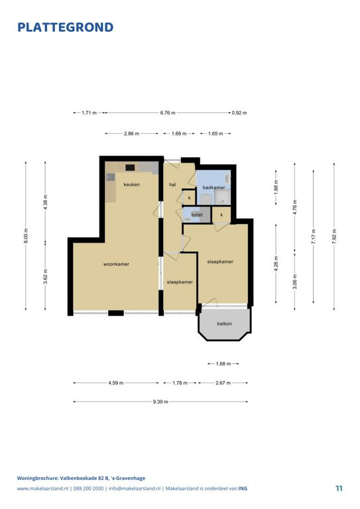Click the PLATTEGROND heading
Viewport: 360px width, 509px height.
point(65,27)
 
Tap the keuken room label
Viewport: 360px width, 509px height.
point(131,184)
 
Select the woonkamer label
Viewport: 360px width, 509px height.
point(116,264)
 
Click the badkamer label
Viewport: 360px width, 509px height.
point(213,188)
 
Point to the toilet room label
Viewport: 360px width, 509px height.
point(197,215)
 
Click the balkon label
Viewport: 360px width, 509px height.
point(224,323)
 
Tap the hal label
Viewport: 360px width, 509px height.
point(172,184)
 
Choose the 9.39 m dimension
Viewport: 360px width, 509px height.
point(160,402)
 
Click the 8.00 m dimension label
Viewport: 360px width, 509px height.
point(26,235)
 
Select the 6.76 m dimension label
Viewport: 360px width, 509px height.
point(168,113)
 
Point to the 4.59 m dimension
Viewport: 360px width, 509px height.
point(116,383)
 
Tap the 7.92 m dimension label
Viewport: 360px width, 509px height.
point(334,237)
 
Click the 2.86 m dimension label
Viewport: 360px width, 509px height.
point(131,133)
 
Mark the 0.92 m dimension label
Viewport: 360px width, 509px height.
point(239,113)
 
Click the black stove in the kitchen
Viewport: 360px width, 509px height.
point(130,167)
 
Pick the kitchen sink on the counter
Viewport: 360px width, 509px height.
point(110,177)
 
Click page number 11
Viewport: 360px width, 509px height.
point(339,488)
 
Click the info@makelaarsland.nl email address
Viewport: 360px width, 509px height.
point(135,488)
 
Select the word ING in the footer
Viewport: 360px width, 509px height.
point(243,488)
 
